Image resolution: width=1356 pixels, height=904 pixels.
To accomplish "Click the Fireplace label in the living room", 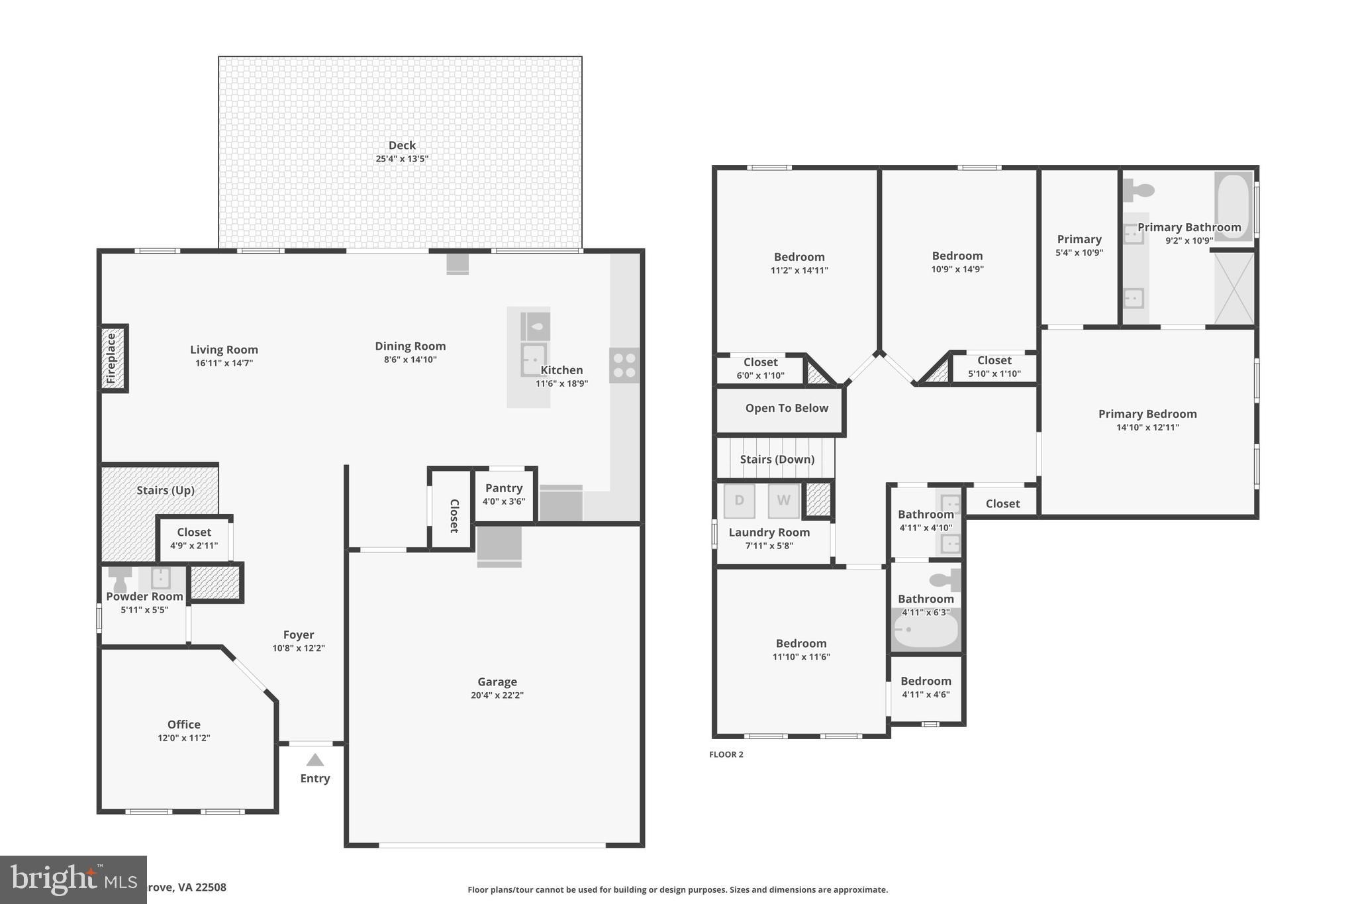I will [111, 358].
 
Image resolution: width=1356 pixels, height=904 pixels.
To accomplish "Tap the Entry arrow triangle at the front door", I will [315, 760].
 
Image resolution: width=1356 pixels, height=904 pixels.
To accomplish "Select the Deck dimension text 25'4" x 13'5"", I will [402, 159].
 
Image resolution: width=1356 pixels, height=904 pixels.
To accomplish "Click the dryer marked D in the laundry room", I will [739, 501].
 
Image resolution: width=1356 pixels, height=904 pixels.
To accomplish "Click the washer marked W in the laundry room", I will [783, 501].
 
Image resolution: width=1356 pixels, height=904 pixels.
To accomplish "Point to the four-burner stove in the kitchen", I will [624, 365].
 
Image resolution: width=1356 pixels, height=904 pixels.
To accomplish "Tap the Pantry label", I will [504, 488].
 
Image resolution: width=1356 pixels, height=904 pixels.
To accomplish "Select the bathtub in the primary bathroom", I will [1233, 205].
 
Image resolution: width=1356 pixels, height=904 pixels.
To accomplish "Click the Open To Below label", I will [787, 408].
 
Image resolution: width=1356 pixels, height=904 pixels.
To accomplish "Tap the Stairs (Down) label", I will [777, 459].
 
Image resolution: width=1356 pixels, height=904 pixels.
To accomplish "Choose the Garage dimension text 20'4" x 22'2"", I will [497, 695].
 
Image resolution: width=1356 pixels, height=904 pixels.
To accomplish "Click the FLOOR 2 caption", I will [726, 754].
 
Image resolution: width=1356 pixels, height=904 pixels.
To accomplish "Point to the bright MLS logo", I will [73, 879].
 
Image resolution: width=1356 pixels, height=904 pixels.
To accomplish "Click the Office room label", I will [183, 725].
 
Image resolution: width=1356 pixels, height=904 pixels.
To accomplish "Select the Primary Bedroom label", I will [1147, 414].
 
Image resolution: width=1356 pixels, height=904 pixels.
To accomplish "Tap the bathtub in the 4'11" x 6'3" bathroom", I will [926, 631].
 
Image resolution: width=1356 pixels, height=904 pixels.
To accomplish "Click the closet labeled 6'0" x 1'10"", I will [760, 368].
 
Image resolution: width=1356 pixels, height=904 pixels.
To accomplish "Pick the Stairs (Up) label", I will [166, 490].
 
